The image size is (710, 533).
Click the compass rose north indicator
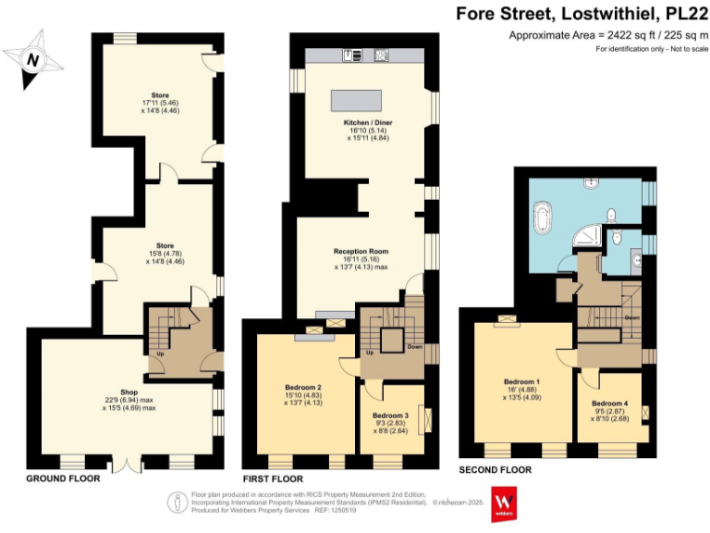pyautogui.click(x=34, y=58)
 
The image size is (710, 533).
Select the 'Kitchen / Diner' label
pyautogui.click(x=361, y=122)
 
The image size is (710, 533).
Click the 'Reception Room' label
pyautogui.click(x=361, y=251)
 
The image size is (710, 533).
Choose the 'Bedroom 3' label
pyautogui.click(x=390, y=416)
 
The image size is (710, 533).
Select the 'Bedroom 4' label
pyautogui.click(x=609, y=404)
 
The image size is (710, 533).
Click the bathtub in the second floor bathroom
pyautogui.click(x=543, y=220)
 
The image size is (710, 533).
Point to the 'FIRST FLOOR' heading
pyautogui.click(x=273, y=479)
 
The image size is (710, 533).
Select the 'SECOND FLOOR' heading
pyautogui.click(x=496, y=470)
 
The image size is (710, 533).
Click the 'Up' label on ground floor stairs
pyautogui.click(x=161, y=353)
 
